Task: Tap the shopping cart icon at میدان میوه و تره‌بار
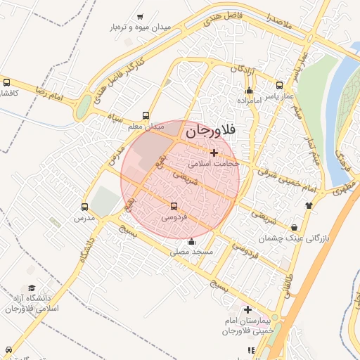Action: [140, 17]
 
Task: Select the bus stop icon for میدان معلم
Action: [146, 115]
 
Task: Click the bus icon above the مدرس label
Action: [84, 207]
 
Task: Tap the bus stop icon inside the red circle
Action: [174, 207]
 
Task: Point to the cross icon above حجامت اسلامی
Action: [214, 153]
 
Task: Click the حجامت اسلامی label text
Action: [215, 162]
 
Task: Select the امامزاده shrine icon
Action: [249, 91]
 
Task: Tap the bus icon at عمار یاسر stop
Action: [280, 84]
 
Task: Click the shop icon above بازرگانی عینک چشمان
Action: [294, 227]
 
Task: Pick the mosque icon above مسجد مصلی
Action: [191, 242]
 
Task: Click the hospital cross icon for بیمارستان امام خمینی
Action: [247, 309]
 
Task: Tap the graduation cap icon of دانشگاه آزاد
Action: [31, 288]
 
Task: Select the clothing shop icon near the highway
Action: [309, 205]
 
